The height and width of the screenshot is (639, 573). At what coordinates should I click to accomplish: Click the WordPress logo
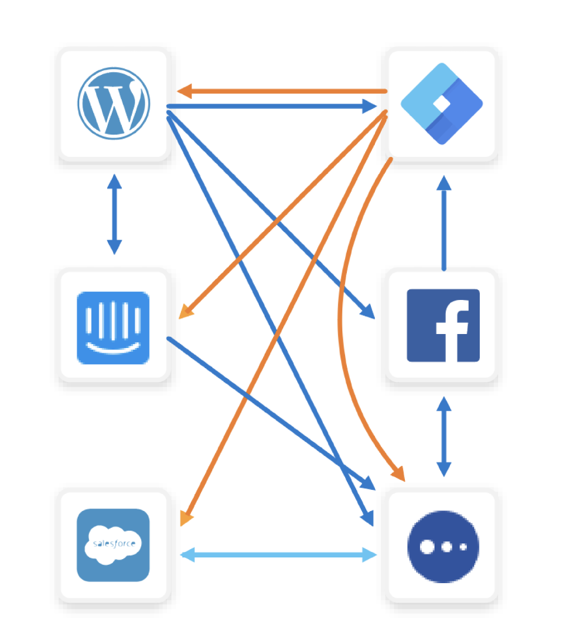(x=113, y=103)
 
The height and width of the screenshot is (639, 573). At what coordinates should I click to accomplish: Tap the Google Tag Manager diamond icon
(x=442, y=104)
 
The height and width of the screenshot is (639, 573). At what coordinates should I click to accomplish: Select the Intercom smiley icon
(x=113, y=327)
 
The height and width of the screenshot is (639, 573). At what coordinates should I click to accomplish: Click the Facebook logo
(x=443, y=325)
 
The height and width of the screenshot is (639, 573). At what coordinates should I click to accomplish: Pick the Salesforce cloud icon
(x=113, y=545)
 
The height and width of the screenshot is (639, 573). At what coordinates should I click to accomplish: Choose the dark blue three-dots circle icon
(x=443, y=546)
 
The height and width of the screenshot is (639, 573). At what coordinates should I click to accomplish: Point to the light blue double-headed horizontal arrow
(x=278, y=555)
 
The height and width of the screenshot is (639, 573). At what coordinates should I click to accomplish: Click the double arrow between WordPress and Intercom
(x=114, y=214)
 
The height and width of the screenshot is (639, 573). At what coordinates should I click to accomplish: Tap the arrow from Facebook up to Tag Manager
(x=444, y=223)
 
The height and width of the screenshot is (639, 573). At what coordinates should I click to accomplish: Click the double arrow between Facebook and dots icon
(x=443, y=436)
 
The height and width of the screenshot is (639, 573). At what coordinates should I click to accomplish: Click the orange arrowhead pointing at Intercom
(x=185, y=312)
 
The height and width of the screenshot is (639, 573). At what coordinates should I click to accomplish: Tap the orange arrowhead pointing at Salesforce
(x=186, y=518)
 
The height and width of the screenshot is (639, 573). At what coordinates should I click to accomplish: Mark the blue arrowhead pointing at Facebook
(x=368, y=312)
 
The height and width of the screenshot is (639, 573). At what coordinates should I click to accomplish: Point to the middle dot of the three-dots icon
(x=445, y=547)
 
